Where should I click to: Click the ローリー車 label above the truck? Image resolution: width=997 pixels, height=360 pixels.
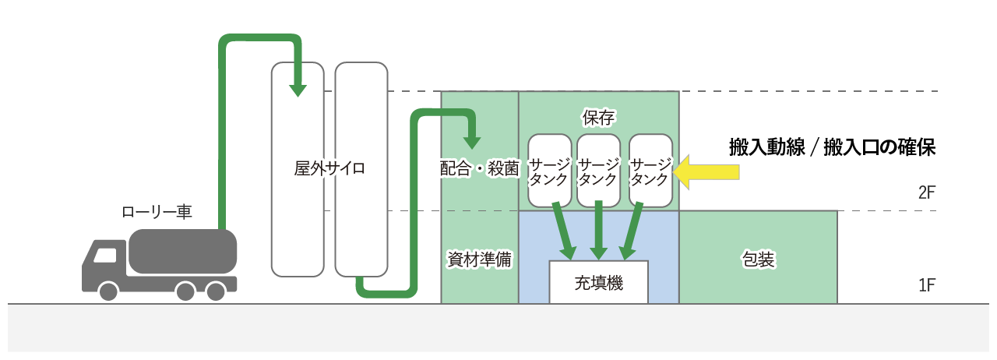tap(157, 211)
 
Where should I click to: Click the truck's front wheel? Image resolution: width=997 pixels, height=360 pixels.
tap(108, 291)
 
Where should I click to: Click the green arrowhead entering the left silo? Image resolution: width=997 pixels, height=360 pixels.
tap(296, 88)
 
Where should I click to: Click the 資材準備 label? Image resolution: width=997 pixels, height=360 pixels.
tap(479, 259)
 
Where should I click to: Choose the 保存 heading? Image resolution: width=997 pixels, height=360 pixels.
tap(599, 117)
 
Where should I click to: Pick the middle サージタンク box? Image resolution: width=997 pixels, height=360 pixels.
tap(598, 171)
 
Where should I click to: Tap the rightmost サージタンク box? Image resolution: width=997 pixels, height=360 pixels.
tap(650, 171)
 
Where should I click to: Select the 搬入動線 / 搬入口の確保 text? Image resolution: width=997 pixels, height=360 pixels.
tap(831, 146)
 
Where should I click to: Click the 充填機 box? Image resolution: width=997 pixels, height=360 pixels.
tap(598, 282)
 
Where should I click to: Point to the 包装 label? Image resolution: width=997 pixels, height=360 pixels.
tap(758, 259)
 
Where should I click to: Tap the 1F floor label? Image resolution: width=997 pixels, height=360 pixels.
tap(926, 285)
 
